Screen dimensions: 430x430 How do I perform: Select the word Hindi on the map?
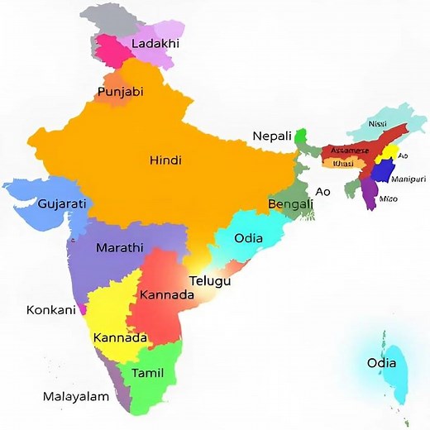pos(165,160)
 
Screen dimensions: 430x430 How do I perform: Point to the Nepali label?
pos(272,136)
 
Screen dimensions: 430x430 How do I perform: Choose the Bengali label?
pos(291,203)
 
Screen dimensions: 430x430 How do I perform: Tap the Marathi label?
pos(120,248)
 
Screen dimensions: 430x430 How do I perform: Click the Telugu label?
pos(209,281)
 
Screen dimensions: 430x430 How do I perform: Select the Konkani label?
pos(51,310)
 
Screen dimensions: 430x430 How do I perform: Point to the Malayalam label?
pos(76,397)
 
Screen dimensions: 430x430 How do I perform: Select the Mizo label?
pos(389,199)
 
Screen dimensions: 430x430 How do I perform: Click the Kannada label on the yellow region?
pos(120,337)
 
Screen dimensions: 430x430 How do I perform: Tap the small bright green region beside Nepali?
pos(301,135)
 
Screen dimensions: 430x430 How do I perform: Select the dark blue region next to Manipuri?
pos(382,172)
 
